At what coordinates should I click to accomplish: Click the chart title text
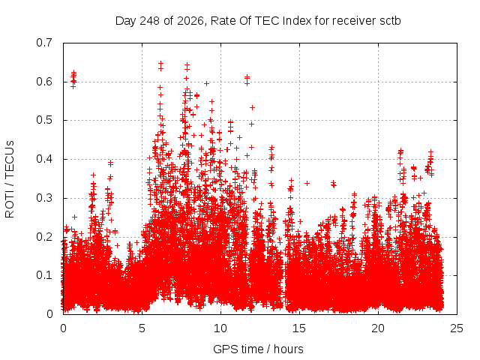(x=258, y=21)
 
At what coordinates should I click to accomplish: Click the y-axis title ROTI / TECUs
(x=10, y=179)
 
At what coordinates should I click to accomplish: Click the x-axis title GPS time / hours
(x=258, y=349)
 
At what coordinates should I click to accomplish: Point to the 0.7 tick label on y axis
(x=44, y=43)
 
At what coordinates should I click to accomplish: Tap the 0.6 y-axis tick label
(x=44, y=82)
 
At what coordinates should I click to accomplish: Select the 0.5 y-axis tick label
(x=44, y=120)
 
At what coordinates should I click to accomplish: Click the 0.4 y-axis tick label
(x=44, y=159)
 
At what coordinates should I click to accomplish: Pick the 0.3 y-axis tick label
(x=44, y=198)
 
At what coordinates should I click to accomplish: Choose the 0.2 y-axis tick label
(x=44, y=237)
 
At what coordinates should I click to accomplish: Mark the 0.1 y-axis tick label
(x=44, y=275)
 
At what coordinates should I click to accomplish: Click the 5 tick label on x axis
(x=142, y=328)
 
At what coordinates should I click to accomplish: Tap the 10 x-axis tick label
(x=220, y=328)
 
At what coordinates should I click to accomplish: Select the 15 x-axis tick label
(x=299, y=328)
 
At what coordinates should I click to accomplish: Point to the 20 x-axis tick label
(x=378, y=328)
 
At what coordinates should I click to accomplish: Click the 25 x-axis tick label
(x=457, y=328)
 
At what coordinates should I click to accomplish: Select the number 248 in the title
(x=149, y=21)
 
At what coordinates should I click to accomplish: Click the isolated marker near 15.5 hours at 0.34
(x=307, y=183)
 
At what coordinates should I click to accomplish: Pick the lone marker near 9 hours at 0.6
(x=207, y=83)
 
